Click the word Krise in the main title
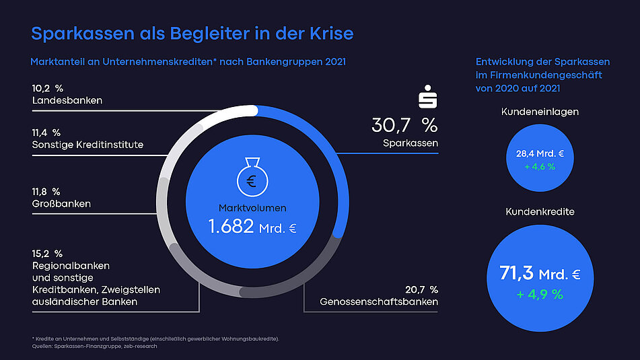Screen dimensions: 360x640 (329, 34)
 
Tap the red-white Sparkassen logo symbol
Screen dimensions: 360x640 (428, 97)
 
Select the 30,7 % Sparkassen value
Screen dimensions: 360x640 (404, 124)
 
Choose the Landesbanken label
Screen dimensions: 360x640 (67, 101)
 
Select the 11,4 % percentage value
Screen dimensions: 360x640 (46, 133)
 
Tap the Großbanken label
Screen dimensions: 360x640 (61, 203)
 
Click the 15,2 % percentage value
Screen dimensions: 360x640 (47, 254)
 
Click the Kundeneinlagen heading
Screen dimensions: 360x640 (540, 112)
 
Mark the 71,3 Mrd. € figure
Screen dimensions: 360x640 (540, 273)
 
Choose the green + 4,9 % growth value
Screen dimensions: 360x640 (540, 294)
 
